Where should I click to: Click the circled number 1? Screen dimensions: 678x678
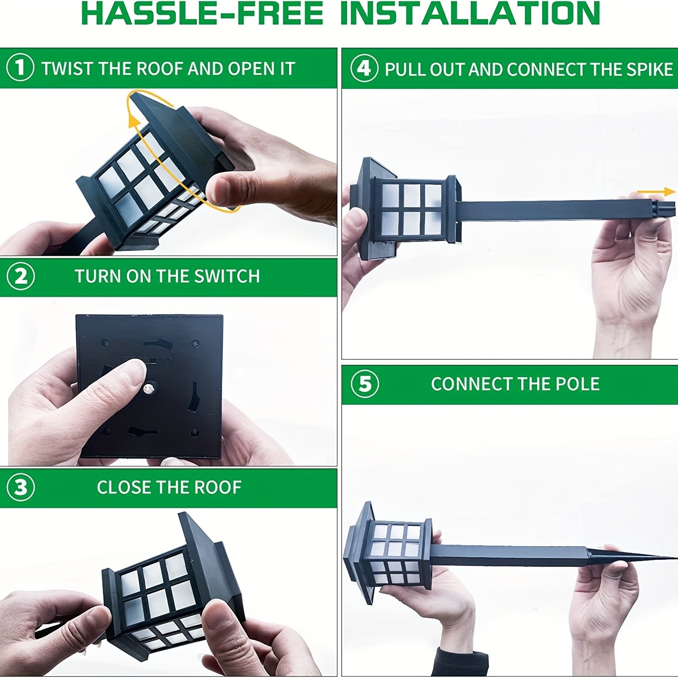(20, 67)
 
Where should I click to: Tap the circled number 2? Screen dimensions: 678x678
(21, 277)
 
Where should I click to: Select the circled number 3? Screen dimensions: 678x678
(21, 488)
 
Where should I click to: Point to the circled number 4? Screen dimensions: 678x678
(364, 68)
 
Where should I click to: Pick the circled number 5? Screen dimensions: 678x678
(365, 384)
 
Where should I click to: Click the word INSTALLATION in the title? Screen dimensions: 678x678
(470, 13)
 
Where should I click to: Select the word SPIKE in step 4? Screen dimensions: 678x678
(650, 69)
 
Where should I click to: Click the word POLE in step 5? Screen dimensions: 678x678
(577, 384)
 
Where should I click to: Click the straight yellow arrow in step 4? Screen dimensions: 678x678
(656, 192)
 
